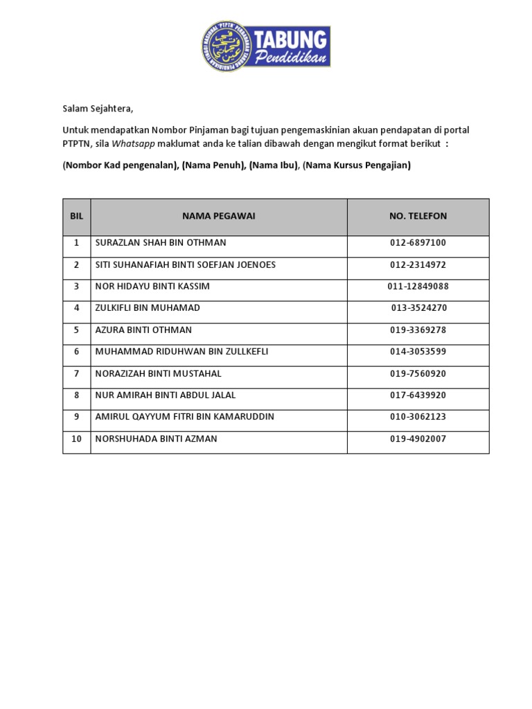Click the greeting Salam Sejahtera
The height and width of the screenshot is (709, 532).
(x=97, y=109)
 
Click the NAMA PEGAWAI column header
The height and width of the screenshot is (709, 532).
(x=219, y=216)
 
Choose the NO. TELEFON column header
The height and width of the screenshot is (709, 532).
(x=418, y=216)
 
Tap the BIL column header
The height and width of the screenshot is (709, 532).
(x=76, y=216)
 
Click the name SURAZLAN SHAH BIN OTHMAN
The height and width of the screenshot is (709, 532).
(x=161, y=243)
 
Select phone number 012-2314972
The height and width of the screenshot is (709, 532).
(x=418, y=264)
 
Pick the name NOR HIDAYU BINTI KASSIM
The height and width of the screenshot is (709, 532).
(x=152, y=286)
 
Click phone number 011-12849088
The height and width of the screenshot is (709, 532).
(x=418, y=286)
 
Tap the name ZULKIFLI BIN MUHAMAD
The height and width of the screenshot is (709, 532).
(x=148, y=307)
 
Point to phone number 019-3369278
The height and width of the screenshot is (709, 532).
(x=418, y=330)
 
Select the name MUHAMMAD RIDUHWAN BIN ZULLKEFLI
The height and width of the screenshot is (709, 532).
(x=181, y=351)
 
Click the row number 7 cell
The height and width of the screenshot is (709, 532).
(x=76, y=373)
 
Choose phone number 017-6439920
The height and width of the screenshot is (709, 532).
(x=418, y=395)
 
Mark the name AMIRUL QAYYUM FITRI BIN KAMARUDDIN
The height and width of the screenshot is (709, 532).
(x=184, y=416)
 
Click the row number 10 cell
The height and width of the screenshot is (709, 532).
(x=76, y=438)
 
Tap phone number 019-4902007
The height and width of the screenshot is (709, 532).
(x=418, y=438)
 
